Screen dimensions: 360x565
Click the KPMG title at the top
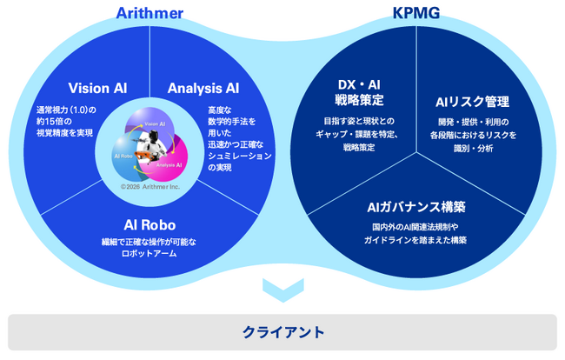pyautogui.click(x=415, y=12)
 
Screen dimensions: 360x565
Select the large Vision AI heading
pyautogui.click(x=96, y=88)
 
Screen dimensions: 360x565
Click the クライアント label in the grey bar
pyautogui.click(x=282, y=331)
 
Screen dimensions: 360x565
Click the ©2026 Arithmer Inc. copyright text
pyautogui.click(x=150, y=185)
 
